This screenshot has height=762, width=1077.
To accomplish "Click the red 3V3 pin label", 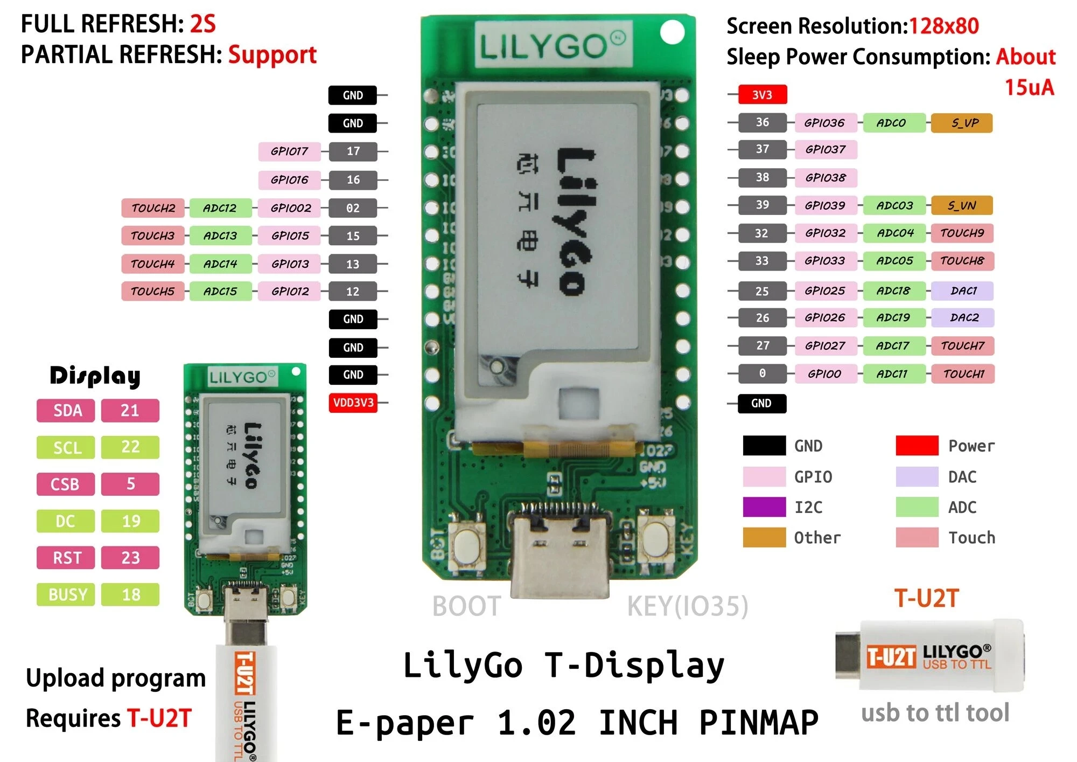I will pyautogui.click(x=762, y=95).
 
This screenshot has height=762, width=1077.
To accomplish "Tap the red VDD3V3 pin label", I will pyautogui.click(x=353, y=403).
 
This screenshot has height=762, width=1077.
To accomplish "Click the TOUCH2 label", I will pyautogui.click(x=153, y=208).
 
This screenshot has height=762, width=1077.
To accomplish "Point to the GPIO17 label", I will pyautogui.click(x=289, y=151).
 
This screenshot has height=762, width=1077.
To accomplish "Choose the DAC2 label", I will pyautogui.click(x=963, y=317).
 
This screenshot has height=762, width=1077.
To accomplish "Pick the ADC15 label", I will pyautogui.click(x=220, y=292).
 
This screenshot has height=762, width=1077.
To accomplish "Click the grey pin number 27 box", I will pyautogui.click(x=762, y=345).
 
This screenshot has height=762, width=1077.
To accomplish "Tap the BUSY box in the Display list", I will pyautogui.click(x=66, y=594).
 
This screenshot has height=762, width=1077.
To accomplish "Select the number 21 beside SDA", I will pyautogui.click(x=130, y=411).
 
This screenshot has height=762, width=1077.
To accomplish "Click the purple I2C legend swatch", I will pyautogui.click(x=764, y=507).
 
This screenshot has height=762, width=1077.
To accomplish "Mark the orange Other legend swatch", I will pyautogui.click(x=764, y=537).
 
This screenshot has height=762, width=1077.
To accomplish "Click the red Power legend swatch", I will pyautogui.click(x=917, y=446).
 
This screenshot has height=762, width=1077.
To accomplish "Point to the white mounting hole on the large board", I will pyautogui.click(x=672, y=32).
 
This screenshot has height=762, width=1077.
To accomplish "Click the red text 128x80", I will pyautogui.click(x=943, y=26).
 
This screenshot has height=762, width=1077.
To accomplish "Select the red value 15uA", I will pyautogui.click(x=1029, y=87).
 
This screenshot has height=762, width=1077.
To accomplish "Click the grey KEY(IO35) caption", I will pyautogui.click(x=687, y=606).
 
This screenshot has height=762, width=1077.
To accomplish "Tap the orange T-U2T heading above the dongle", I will pyautogui.click(x=926, y=598).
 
